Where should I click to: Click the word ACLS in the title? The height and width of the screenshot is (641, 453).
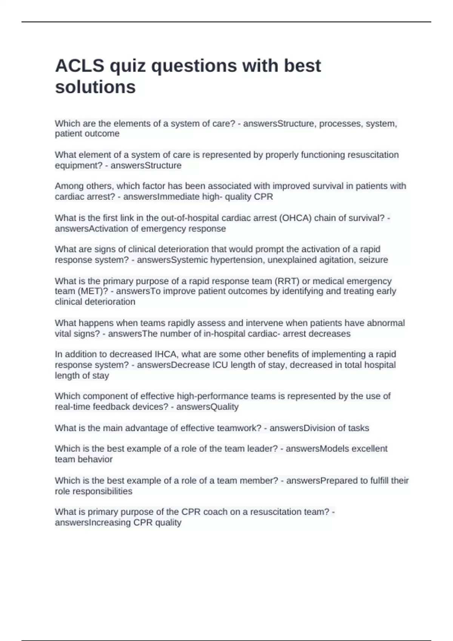pos(80,66)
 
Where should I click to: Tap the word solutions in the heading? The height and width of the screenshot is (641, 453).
pos(95,87)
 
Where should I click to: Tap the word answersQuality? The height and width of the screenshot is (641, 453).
pos(207,407)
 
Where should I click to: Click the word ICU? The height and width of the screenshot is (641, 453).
pos(220,365)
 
